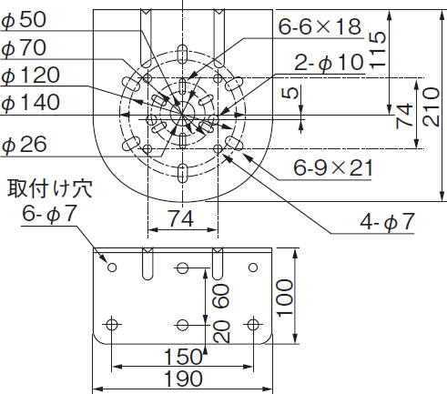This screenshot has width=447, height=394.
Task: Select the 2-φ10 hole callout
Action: tap(329, 64)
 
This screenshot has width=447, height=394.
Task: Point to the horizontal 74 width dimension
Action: tap(180, 217)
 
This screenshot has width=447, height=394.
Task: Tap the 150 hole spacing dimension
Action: tap(183, 356)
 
